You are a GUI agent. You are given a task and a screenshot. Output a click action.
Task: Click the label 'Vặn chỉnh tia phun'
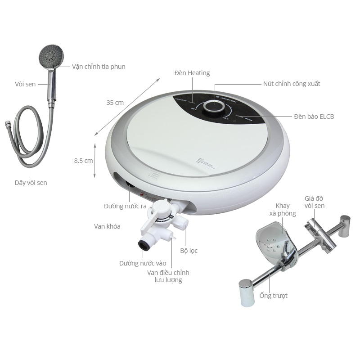coord(99,67)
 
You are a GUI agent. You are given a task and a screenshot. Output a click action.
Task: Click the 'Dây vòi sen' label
coord(30,183)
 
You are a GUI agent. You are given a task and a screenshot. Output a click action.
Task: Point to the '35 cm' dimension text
coord(115,103)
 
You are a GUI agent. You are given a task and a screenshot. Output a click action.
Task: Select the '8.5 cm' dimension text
coord(83,160)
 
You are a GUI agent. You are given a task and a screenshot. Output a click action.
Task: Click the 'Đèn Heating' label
coord(192,73)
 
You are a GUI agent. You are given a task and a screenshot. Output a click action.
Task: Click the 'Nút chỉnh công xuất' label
coord(292,84)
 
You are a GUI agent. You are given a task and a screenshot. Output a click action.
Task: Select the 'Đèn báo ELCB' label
coord(314,117)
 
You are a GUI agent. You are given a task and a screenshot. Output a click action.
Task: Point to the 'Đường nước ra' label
coord(125,206)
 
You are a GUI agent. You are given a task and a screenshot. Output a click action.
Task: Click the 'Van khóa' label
coord(107,226)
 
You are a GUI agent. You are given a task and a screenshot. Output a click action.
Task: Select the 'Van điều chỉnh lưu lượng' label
coord(168,276)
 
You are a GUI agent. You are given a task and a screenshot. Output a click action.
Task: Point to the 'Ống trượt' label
coord(273,296)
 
